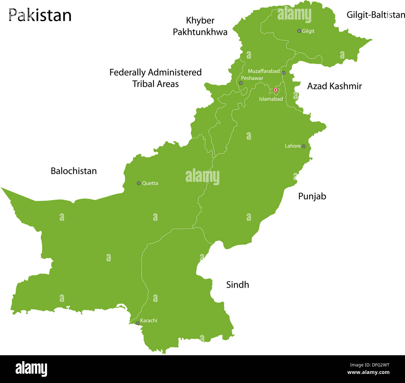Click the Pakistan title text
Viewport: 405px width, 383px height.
[x=40, y=15]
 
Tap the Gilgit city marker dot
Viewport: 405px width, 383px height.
[x=299, y=31]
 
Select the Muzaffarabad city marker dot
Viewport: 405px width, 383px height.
[x=283, y=73]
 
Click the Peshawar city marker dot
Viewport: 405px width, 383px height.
[x=241, y=83]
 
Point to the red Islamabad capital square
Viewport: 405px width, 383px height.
[x=275, y=90]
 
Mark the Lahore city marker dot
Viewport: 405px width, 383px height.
[x=303, y=146]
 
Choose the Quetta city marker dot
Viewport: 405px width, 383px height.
[x=139, y=183]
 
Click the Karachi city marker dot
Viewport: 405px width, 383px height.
[x=137, y=323]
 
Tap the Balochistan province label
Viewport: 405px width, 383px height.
[x=74, y=171]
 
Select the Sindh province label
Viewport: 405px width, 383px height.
[x=237, y=285]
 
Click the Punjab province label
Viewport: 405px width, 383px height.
[x=312, y=196]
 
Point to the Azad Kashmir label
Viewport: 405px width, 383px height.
[x=334, y=86]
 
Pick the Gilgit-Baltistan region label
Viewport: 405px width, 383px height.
[x=375, y=15]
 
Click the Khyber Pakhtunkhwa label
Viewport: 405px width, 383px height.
[x=200, y=26]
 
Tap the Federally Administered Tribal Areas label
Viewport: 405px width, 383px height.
[x=155, y=78]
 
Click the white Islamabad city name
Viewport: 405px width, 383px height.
[x=271, y=99]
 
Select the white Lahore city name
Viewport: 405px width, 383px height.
[x=293, y=146]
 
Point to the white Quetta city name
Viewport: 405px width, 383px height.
[x=150, y=183]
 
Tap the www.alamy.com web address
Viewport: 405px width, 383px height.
[x=368, y=372]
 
